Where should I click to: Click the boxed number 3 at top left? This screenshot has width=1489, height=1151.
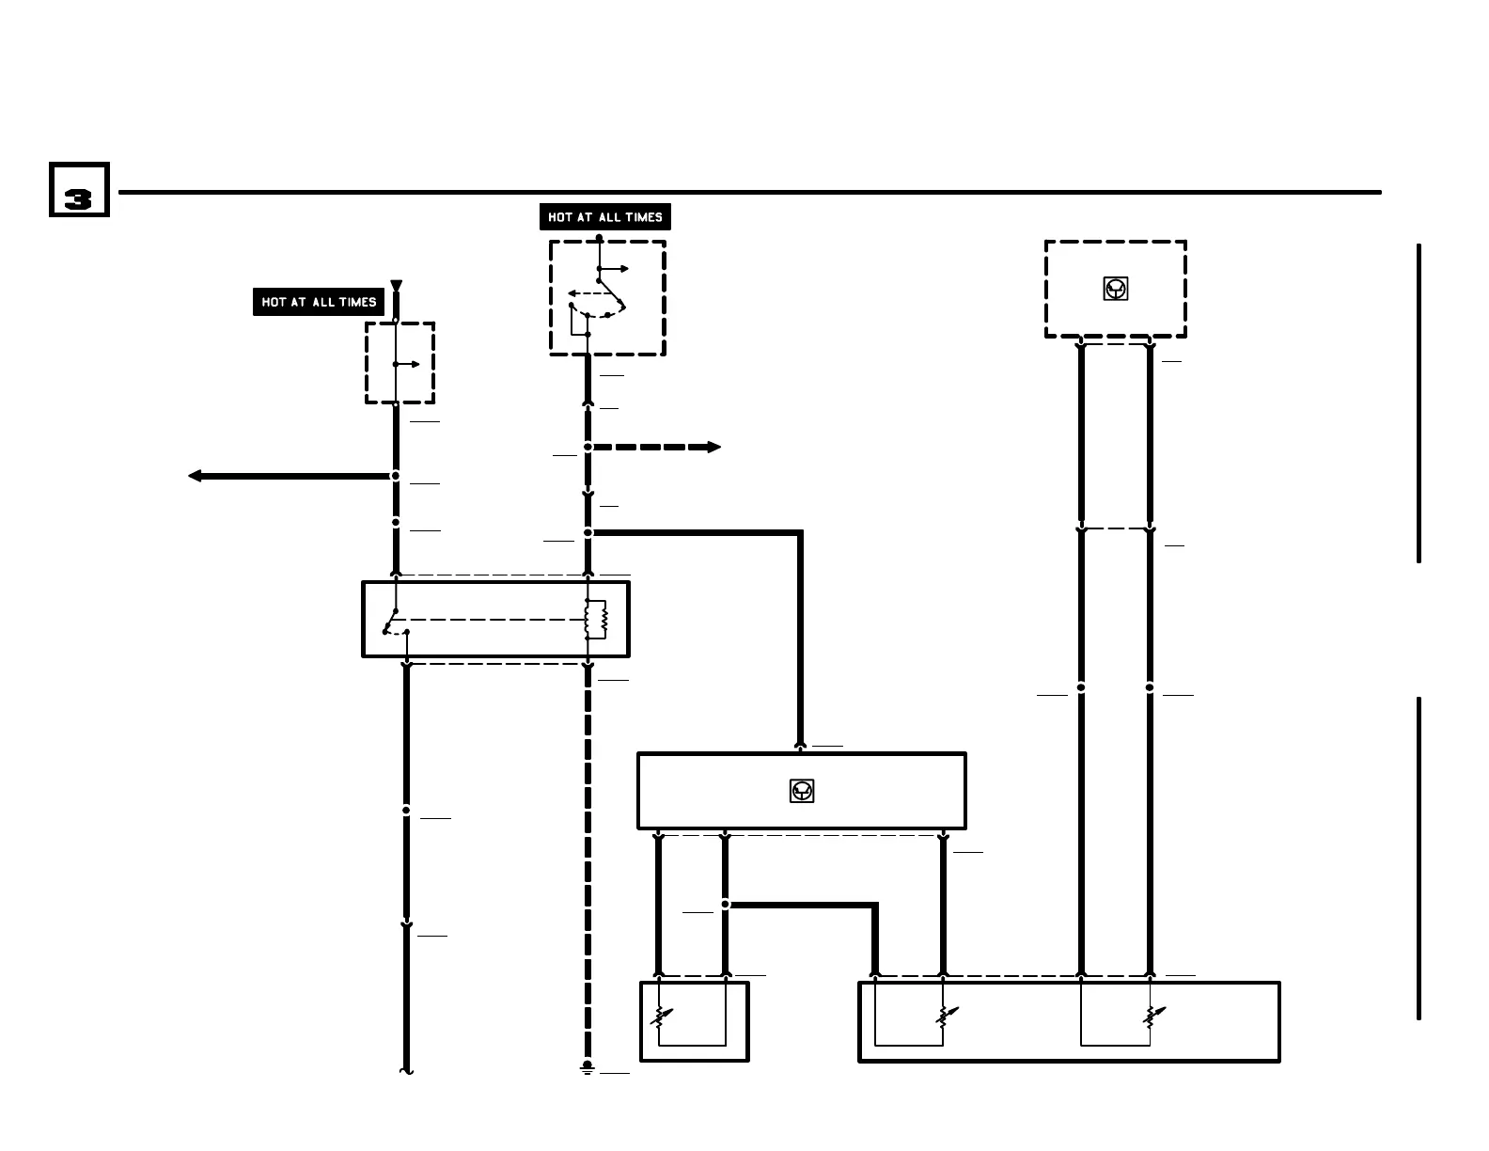(x=79, y=190)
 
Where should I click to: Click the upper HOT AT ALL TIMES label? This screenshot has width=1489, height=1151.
(x=604, y=217)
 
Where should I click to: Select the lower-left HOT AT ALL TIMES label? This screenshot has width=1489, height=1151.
(x=319, y=302)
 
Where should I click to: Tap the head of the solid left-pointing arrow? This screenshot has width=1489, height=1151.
(x=195, y=476)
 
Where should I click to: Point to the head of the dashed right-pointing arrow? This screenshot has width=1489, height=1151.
(x=713, y=447)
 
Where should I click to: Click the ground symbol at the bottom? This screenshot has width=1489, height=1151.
(x=588, y=1068)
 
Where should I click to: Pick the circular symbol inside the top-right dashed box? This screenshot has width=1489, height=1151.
(x=1116, y=289)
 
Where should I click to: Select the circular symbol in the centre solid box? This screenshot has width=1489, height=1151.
(x=802, y=791)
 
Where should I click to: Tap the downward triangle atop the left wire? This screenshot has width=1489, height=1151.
(x=396, y=285)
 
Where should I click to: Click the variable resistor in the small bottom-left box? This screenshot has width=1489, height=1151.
(x=662, y=1017)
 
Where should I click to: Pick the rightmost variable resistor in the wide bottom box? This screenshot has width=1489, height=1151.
(x=1152, y=1017)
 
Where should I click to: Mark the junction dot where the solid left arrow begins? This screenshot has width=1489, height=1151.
(x=396, y=476)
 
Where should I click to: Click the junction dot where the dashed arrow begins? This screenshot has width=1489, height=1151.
(x=588, y=447)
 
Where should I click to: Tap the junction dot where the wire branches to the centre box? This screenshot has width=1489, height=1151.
(x=588, y=533)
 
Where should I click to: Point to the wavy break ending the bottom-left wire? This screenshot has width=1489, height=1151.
(x=407, y=1070)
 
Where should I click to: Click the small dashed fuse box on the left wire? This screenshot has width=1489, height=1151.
(x=400, y=363)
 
